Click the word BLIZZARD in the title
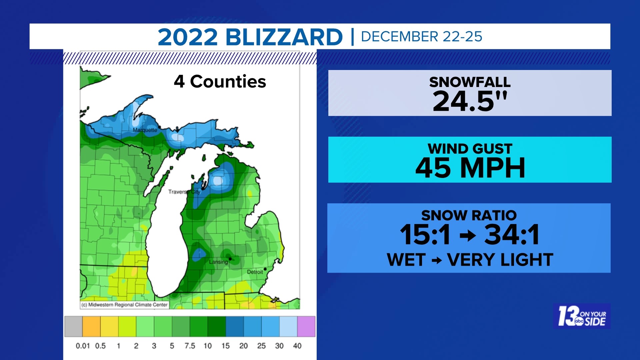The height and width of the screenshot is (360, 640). (x=284, y=37)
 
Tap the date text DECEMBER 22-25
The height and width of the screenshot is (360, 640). (x=421, y=37)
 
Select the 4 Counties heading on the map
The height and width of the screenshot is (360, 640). (x=220, y=82)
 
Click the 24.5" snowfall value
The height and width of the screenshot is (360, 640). (x=470, y=101)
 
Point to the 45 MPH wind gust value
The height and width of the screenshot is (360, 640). (x=470, y=168)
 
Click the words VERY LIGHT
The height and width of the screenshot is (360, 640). (x=500, y=260)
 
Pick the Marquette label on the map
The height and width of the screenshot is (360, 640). (x=145, y=130)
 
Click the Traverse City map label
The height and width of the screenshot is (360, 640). (x=184, y=192)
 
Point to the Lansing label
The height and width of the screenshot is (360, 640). (x=218, y=262)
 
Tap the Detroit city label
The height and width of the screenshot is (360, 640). (x=255, y=272)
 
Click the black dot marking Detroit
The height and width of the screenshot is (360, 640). (x=265, y=269)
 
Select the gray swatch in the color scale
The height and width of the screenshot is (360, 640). (x=73, y=326)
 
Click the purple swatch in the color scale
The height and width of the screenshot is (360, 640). (x=306, y=326)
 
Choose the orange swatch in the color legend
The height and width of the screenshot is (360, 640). (x=91, y=326)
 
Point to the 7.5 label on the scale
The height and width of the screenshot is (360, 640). (x=190, y=346)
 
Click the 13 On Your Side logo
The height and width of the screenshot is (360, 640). (x=582, y=316)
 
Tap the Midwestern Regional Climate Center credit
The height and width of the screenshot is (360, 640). (x=124, y=305)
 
